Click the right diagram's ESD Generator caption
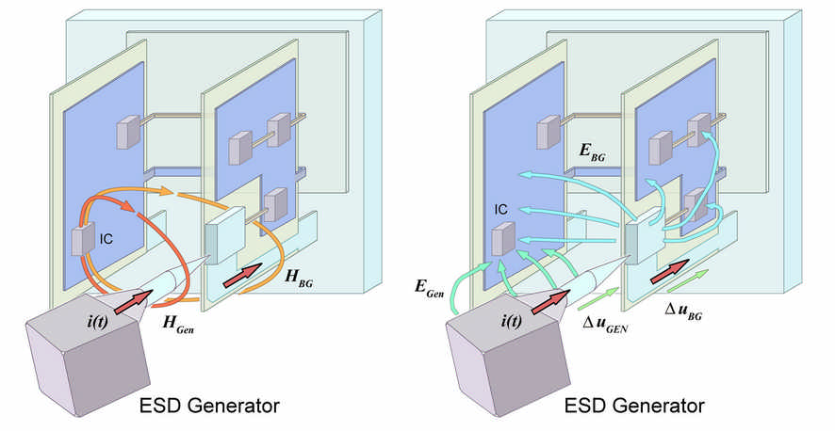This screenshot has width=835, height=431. (634, 407)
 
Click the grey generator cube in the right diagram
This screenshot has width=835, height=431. (496, 362)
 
